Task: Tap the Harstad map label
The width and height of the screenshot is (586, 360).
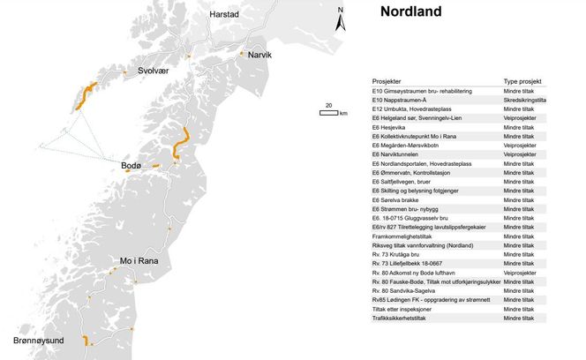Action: pyautogui.click(x=224, y=15)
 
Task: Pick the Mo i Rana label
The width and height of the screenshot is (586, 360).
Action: pyautogui.click(x=140, y=261)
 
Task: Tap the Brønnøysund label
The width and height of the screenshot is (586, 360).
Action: pyautogui.click(x=41, y=339)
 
